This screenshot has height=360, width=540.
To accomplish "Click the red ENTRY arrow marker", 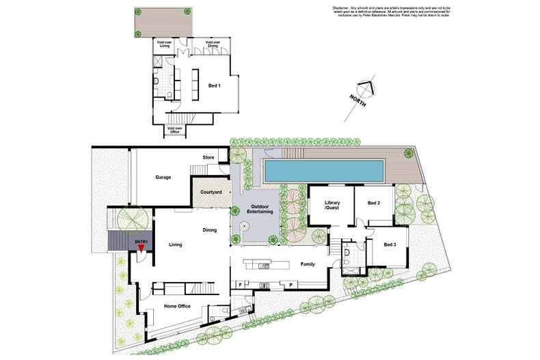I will click(x=141, y=250).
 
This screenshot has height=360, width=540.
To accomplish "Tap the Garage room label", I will click(x=163, y=177).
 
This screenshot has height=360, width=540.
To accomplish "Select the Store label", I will click(x=208, y=158).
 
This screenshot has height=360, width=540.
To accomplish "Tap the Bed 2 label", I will click(x=373, y=203).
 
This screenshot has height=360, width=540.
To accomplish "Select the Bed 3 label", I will click(x=389, y=245).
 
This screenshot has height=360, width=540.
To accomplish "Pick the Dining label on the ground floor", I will click(x=210, y=230).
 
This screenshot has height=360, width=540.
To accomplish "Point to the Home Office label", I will click(x=177, y=306).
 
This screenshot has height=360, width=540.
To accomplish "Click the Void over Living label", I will click(x=166, y=44).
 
